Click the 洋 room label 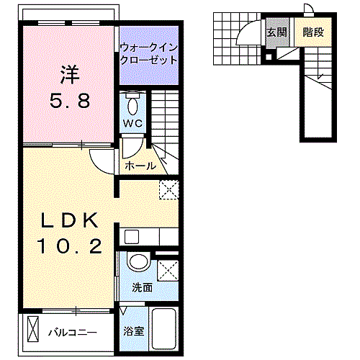pos(69,73)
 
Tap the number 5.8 pos(69,101)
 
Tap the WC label pos(133,123)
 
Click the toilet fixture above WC pos(133,104)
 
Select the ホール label pos(140,166)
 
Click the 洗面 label pos(142,287)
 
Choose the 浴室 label pos(132,332)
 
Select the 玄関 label pos(276,32)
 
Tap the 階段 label pos(312,32)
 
